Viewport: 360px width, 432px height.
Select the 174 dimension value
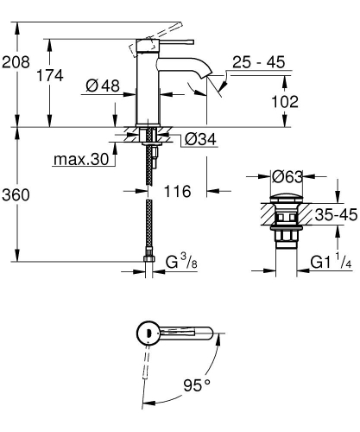click(x=50, y=75)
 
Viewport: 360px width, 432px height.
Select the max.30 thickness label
click(x=82, y=160)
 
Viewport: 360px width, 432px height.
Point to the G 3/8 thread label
click(x=181, y=260)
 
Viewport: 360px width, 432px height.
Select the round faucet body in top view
click(x=148, y=333)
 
